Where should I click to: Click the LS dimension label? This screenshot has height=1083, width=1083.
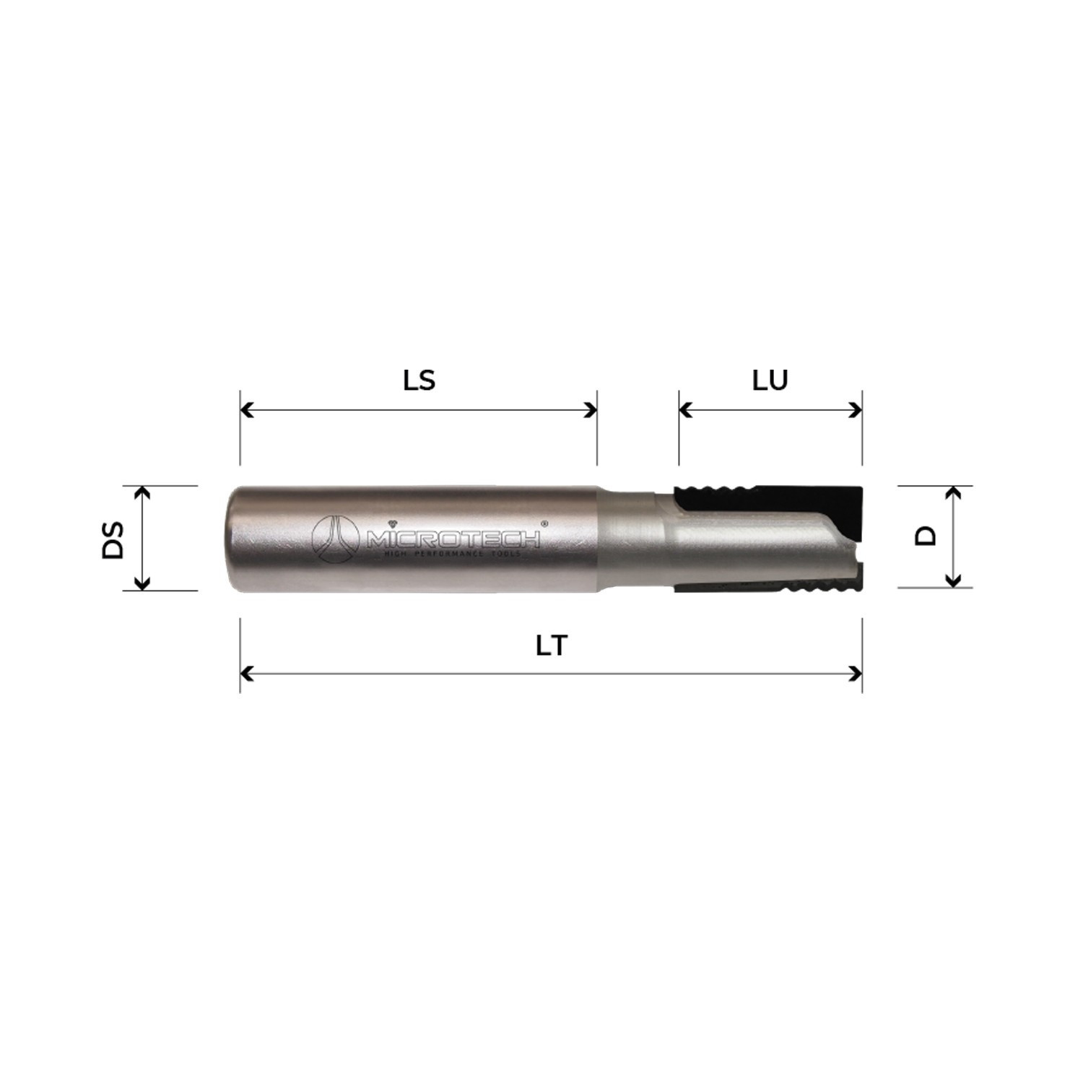[419, 380]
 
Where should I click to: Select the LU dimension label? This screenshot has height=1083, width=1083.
[770, 380]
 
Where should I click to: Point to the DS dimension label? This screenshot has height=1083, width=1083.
[113, 539]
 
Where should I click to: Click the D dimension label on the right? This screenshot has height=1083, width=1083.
[926, 536]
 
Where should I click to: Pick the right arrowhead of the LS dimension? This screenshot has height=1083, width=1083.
[591, 410]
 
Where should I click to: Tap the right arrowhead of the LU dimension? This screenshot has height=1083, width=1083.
[856, 410]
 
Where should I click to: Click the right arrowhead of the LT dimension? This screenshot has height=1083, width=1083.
[856, 674]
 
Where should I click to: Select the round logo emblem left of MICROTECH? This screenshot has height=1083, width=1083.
[335, 539]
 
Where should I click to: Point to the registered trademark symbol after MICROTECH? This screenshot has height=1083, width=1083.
[544, 523]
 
